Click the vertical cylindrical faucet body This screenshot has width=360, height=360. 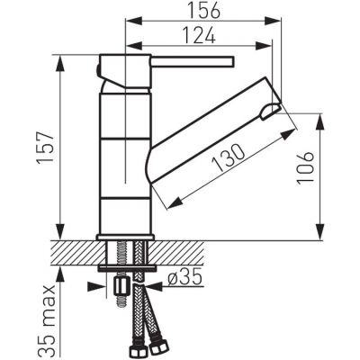122,153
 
